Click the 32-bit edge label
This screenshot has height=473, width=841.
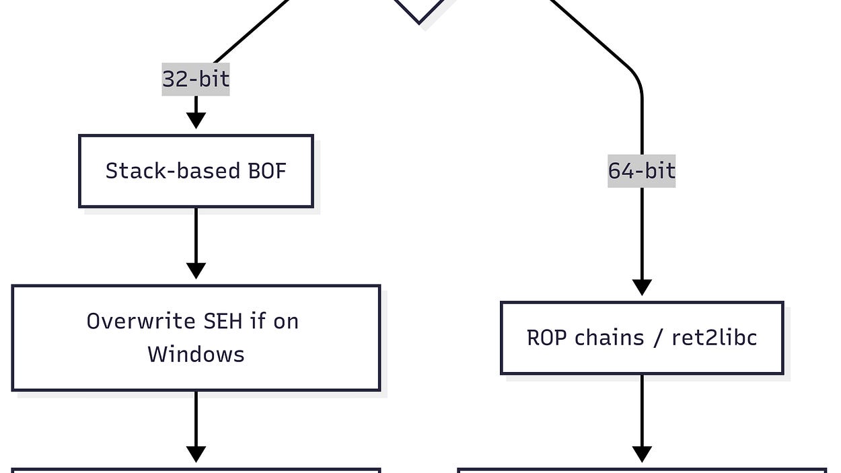[196, 79]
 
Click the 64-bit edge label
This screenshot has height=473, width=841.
[641, 171]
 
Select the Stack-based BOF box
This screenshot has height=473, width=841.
[196, 171]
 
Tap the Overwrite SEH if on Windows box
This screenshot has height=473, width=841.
[196, 338]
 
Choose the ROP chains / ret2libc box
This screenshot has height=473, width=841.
[642, 338]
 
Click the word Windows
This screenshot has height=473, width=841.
[196, 354]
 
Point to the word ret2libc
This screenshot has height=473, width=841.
[715, 338]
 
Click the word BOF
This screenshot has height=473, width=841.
[267, 171]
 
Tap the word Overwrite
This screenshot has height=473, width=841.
[140, 321]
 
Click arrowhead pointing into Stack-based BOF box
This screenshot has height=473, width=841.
[196, 121]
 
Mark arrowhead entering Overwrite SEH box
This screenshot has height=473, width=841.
[196, 271]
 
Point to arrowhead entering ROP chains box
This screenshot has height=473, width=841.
[642, 287]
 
